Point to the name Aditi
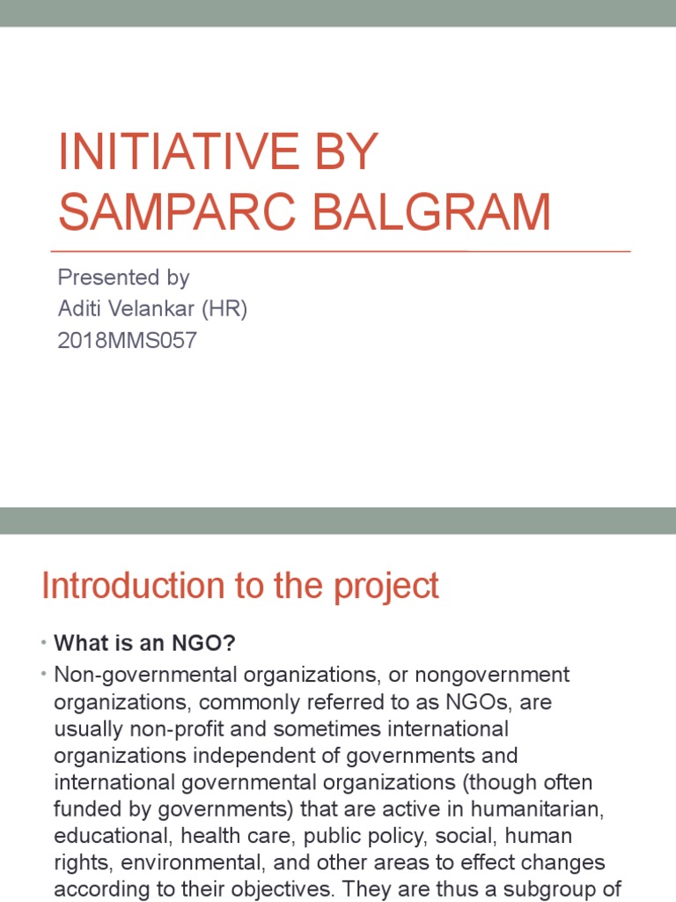click(x=82, y=309)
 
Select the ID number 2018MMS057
click(x=127, y=341)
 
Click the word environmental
click(x=202, y=863)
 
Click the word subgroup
click(x=548, y=890)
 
